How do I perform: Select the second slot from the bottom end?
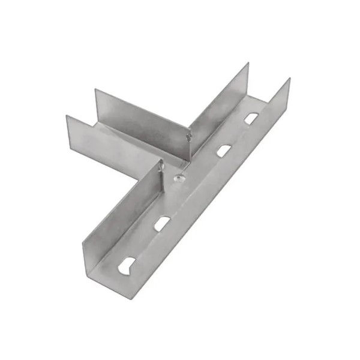(x=160, y=224)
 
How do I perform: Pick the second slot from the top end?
(x=224, y=150)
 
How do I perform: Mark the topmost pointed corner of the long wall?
(x=289, y=79)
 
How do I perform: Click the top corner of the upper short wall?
(x=248, y=64)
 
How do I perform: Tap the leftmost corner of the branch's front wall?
(x=67, y=116)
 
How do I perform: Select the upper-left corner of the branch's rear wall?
(x=95, y=89)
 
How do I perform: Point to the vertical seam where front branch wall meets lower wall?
(x=161, y=175)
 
